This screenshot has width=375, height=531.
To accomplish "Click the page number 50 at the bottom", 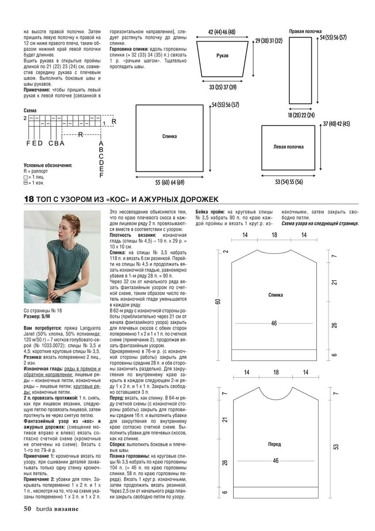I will point(27,508).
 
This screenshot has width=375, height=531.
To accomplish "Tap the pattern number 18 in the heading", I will point(29,200).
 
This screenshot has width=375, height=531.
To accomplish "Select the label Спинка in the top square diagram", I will point(169,136).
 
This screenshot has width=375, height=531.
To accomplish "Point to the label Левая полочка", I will point(288,147).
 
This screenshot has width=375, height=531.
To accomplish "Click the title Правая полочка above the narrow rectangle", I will point(305,31).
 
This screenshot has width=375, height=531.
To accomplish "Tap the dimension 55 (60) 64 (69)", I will point(170,182).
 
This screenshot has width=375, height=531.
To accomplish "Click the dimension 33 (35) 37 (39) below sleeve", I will point(223,87).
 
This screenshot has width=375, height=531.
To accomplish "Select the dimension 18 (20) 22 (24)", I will point(301,115).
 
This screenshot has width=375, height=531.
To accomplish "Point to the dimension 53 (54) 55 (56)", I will point(288,182).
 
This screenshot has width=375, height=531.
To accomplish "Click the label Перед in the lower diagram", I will point(274,444).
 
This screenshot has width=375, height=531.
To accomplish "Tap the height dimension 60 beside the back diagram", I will point(218,301).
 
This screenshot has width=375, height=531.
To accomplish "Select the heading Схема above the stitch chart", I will point(30,110).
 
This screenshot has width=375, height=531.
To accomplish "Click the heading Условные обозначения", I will point(48,165).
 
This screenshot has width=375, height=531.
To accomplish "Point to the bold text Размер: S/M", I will point(37,317).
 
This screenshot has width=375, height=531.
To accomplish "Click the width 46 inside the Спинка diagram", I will point(274,323).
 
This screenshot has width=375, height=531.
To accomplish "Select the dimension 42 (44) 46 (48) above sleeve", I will point(222,32).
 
